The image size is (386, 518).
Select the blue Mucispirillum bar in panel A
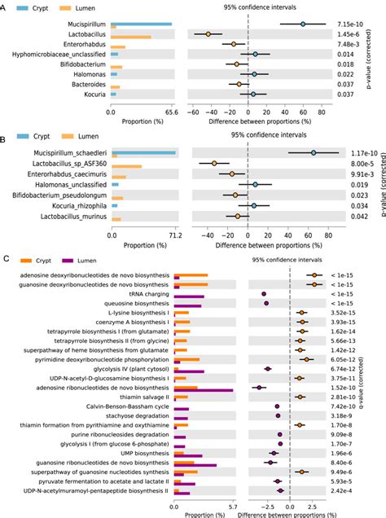click(x=140, y=24)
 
